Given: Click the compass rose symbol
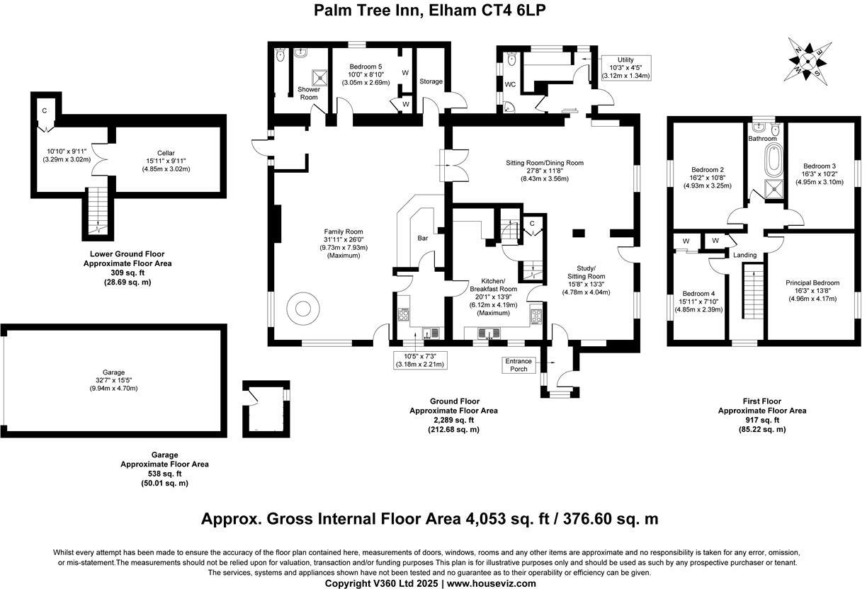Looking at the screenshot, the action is click(807, 62).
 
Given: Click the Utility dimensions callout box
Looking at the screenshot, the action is click(625, 68).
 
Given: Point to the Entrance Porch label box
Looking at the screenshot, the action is click(518, 365).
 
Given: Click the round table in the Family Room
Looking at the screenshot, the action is click(303, 308).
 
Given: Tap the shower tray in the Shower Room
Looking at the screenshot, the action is click(320, 77).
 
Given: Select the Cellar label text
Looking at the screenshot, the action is click(166, 153).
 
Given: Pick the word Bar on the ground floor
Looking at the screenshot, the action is click(423, 238).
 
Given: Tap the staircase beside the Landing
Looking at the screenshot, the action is click(753, 291).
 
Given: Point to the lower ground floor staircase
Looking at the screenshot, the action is click(98, 211).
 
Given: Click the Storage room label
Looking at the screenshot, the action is click(431, 81).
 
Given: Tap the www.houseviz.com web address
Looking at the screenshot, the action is click(491, 583).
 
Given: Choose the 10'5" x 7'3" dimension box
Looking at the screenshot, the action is click(420, 360).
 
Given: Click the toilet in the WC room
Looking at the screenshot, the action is click(512, 61).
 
